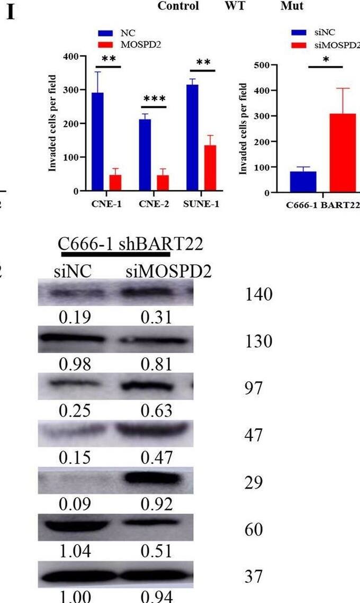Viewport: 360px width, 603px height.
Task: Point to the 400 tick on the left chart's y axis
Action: pos(69,56)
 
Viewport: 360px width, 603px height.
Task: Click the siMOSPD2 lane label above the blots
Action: pos(168,272)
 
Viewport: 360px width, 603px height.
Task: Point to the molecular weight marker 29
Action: pos(253,483)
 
